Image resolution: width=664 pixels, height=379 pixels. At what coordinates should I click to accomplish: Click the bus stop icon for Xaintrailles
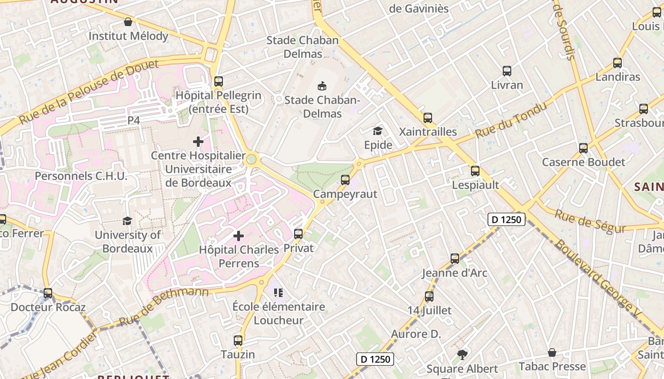428,118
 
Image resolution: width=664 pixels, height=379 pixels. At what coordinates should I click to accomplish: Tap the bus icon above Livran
507,72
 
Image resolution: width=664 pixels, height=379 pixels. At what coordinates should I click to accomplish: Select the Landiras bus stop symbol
618,63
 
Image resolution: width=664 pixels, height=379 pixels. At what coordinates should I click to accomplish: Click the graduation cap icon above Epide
378,131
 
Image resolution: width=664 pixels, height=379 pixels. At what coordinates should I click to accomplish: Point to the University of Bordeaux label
128,242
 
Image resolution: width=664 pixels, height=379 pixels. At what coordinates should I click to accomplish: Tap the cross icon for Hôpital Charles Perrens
239,235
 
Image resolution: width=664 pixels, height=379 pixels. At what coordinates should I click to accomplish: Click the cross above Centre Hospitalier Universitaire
198,141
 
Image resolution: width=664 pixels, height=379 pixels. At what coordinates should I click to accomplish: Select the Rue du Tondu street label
511,120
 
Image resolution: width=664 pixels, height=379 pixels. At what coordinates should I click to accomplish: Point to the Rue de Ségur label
590,221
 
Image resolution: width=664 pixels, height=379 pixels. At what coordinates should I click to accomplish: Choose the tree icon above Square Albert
462,354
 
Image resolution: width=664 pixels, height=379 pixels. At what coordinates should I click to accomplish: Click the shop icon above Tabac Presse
552,352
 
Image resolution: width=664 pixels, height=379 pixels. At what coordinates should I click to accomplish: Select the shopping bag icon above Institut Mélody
128,22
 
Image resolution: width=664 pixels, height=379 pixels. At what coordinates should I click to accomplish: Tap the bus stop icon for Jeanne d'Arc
455,259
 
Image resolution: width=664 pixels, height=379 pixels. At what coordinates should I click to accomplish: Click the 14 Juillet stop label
430,311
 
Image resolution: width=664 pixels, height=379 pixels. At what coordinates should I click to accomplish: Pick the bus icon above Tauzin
238,341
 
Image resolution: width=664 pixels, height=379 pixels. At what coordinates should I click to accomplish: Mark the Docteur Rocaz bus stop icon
48,293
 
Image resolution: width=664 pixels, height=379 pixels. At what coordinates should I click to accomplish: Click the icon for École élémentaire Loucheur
278,293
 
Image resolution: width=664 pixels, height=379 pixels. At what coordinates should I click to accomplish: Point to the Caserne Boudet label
583,162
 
